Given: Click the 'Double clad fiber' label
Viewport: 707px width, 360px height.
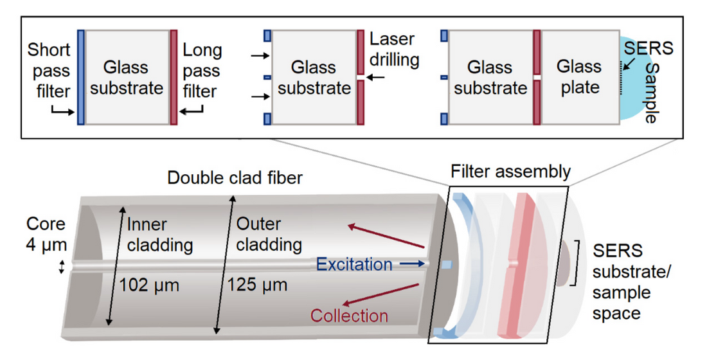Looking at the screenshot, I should click(x=235, y=177).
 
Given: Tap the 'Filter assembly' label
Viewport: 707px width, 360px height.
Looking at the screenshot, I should click(x=510, y=172).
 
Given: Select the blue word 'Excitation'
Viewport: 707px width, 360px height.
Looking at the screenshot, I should click(x=354, y=264).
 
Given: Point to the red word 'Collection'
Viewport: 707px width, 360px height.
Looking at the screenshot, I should click(x=349, y=316).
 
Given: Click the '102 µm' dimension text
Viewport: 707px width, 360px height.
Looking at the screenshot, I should click(x=150, y=284).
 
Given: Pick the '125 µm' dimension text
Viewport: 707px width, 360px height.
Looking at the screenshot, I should click(x=257, y=284).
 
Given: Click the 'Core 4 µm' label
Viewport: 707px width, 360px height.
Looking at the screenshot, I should click(x=46, y=234).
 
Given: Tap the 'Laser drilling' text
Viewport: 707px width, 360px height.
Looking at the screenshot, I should click(x=394, y=50).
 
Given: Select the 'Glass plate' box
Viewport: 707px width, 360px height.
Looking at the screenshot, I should click(x=580, y=76).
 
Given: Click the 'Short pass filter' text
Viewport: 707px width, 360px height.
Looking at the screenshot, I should click(x=49, y=71).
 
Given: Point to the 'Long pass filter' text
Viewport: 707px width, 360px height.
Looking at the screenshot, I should click(x=202, y=71).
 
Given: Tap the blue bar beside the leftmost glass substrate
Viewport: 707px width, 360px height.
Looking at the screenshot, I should click(x=80, y=76).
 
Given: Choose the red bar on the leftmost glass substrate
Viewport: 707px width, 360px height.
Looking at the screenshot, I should click(x=174, y=76).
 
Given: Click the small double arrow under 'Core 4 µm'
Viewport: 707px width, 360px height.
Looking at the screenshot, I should click(x=62, y=267).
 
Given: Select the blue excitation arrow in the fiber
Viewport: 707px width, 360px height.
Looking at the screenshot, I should click(x=411, y=264).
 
